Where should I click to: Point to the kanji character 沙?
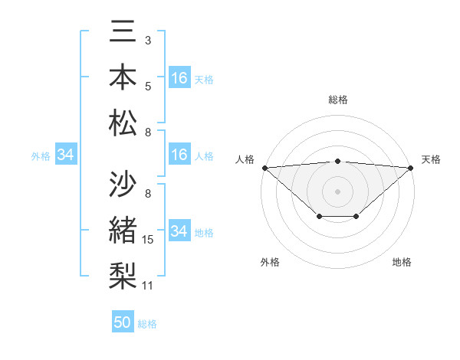tap(123, 185)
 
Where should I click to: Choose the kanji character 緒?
tap(123, 230)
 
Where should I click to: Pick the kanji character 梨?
tap(123, 275)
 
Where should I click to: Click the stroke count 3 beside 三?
tap(147, 40)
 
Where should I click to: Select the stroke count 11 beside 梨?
tap(148, 286)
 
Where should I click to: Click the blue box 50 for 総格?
tap(123, 322)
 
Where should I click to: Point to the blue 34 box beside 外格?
tap(65, 155)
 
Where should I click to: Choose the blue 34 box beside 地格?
tap(179, 231)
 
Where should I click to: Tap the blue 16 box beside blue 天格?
tap(179, 78)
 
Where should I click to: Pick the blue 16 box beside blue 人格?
tap(179, 155)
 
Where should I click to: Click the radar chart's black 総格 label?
tap(338, 100)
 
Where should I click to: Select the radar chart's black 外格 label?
tap(270, 262)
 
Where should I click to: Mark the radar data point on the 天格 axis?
tap(412, 168)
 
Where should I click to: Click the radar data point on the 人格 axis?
tap(264, 168)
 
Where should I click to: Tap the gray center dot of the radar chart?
tap(338, 191)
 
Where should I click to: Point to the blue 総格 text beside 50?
tap(147, 324)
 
